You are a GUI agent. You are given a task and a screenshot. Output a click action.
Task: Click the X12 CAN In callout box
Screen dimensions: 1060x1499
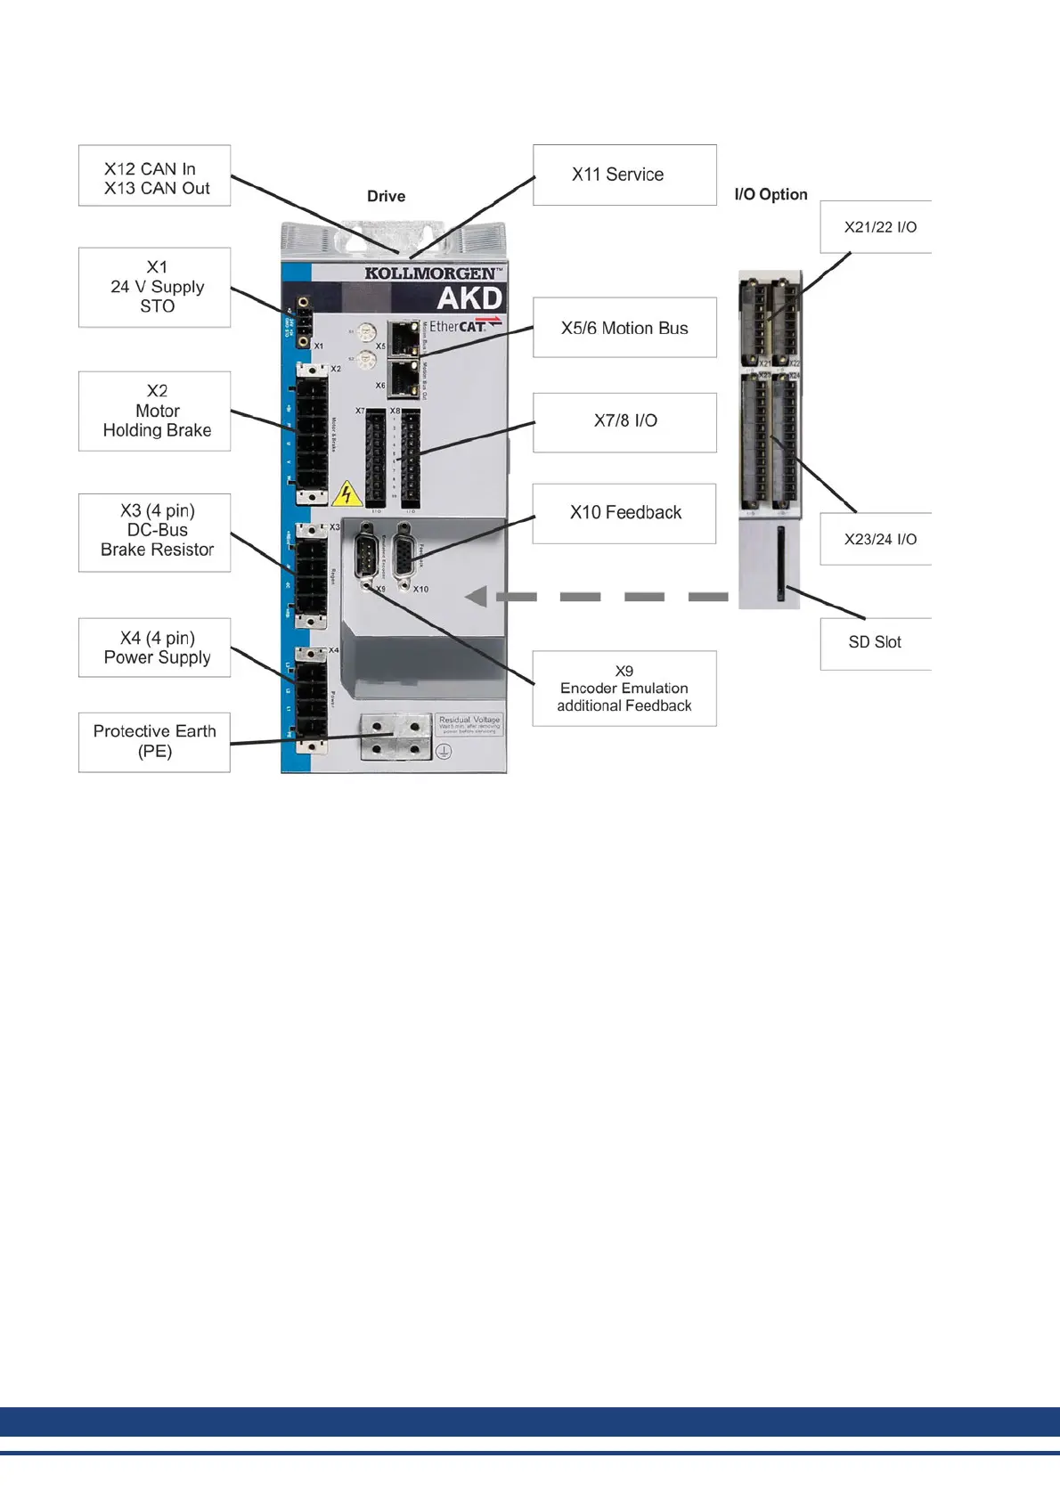pyautogui.click(x=154, y=176)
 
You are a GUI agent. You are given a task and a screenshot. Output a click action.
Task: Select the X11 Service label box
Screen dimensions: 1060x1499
pyautogui.click(x=624, y=175)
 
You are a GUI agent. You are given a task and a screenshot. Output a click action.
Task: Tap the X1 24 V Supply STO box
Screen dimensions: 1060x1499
pyautogui.click(x=154, y=287)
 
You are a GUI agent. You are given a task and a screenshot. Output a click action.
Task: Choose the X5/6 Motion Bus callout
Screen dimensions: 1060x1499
pyautogui.click(x=624, y=328)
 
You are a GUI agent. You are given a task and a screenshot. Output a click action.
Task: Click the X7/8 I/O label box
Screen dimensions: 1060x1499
pyautogui.click(x=624, y=421)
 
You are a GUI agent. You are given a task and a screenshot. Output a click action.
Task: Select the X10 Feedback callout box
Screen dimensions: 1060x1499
pyautogui.click(x=624, y=513)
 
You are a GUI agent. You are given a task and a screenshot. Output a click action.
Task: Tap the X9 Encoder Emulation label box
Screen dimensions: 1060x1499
pyautogui.click(x=624, y=688)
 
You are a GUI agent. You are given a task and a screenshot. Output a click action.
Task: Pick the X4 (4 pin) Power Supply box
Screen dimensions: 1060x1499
pyautogui.click(x=154, y=648)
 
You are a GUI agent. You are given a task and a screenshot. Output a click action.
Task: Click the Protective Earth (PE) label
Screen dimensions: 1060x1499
pyautogui.click(x=154, y=742)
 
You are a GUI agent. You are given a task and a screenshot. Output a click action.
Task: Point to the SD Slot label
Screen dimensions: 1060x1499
pyautogui.click(x=875, y=643)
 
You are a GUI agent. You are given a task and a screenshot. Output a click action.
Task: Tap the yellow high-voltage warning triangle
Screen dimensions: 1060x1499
pyautogui.click(x=347, y=494)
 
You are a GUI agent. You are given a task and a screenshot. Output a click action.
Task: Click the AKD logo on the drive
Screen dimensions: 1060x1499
pyautogui.click(x=469, y=298)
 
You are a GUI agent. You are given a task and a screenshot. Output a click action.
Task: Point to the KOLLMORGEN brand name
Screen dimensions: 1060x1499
pyautogui.click(x=431, y=273)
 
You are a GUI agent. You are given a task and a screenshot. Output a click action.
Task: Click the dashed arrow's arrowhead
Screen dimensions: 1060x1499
pyautogui.click(x=477, y=597)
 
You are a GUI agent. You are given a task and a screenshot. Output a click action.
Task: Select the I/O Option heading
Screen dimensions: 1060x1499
pyautogui.click(x=771, y=194)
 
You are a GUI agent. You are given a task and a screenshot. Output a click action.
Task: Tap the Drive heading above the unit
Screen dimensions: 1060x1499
pyautogui.click(x=386, y=196)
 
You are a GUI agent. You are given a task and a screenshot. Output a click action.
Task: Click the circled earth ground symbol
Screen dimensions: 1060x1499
pyautogui.click(x=443, y=751)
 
